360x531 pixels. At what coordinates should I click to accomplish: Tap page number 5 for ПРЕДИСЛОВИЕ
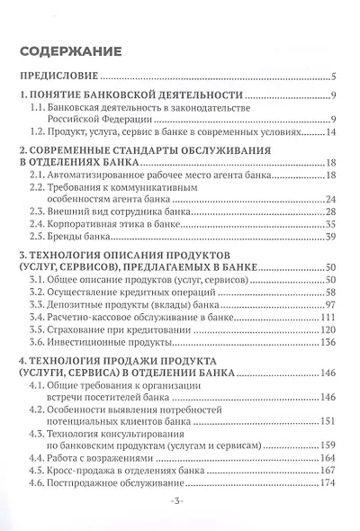(x=333, y=76)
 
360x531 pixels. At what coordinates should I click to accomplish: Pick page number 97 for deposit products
(x=330, y=305)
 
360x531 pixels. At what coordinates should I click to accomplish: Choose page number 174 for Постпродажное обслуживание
(x=328, y=483)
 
